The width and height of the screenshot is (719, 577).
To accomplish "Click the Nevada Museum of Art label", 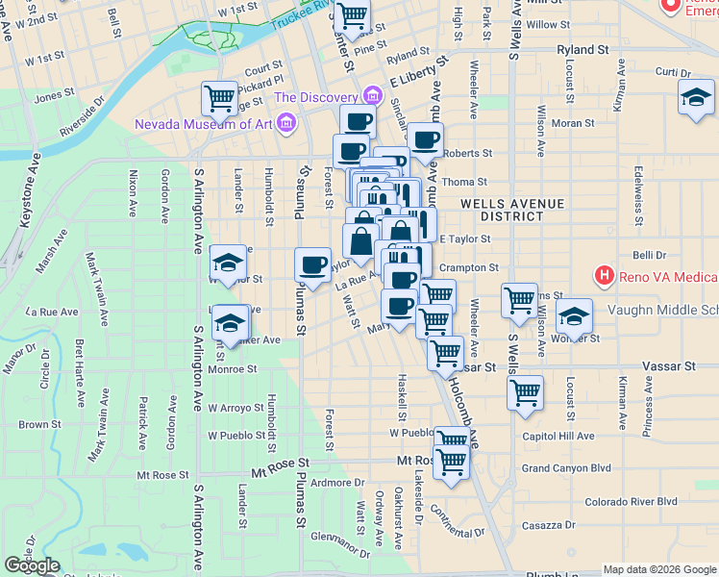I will [203, 123].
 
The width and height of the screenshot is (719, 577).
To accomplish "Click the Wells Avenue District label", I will [507, 210].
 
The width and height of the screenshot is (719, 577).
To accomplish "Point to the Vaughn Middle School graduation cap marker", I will [573, 315].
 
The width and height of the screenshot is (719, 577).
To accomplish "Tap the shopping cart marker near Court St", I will [220, 97].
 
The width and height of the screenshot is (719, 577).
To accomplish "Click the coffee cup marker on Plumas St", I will [312, 264].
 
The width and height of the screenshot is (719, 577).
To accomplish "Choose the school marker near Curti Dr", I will [696, 97].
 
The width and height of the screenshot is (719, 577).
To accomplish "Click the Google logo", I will [32, 565].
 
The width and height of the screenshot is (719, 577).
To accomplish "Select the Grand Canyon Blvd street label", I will [566, 468].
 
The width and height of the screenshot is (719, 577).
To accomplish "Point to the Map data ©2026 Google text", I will [659, 569].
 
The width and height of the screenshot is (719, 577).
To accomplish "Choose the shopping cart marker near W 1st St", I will [354, 15].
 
